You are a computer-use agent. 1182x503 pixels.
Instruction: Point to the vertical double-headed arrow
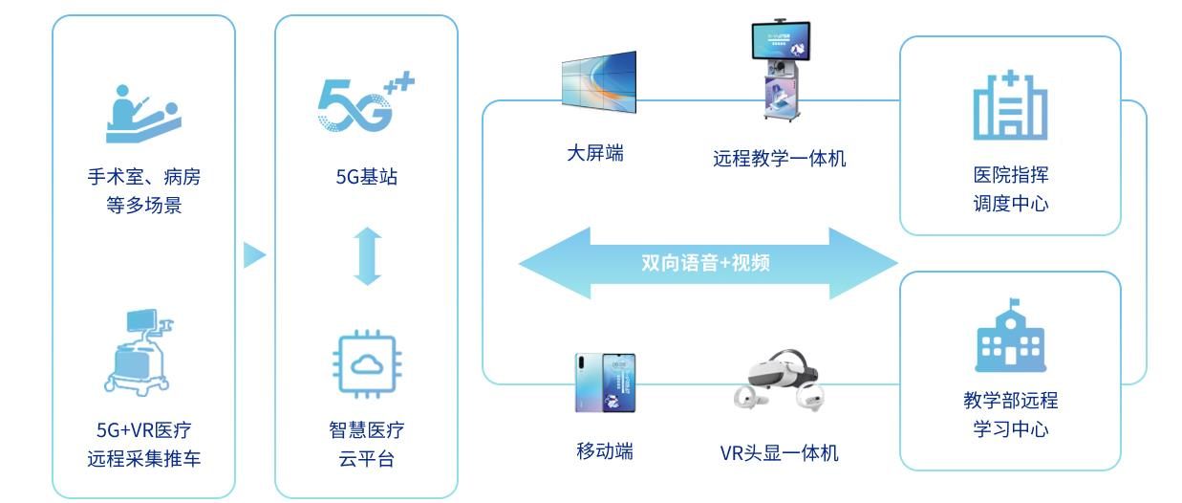click(367, 255)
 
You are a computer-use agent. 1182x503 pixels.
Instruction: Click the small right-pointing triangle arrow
click(253, 255)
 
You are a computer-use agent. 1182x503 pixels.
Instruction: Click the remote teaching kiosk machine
click(779, 72)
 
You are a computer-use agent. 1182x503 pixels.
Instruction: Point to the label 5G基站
click(367, 177)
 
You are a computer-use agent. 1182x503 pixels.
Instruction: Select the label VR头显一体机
click(779, 452)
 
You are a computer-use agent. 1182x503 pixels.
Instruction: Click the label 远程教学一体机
click(779, 158)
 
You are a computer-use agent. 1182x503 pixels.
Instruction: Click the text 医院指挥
click(1010, 176)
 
